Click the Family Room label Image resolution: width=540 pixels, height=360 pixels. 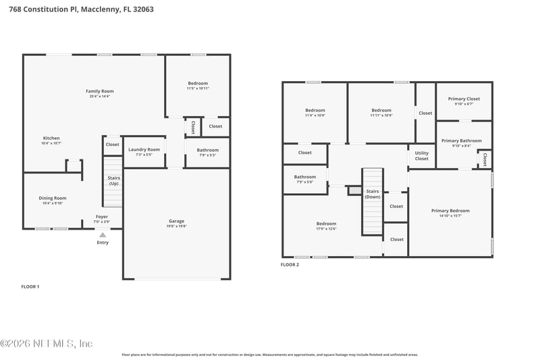[x=99, y=91]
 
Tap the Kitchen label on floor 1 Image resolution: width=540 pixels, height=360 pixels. [x=51, y=138]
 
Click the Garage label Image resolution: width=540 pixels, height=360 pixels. [x=176, y=221]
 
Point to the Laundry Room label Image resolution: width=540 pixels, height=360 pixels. [x=144, y=149]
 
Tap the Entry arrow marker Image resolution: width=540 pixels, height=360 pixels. [x=103, y=234]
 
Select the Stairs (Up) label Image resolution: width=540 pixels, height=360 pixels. [x=113, y=180]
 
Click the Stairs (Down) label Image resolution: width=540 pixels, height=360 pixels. [x=373, y=193]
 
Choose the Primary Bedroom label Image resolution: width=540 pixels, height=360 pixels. [x=450, y=211]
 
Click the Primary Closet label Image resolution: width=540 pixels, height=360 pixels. [x=464, y=99]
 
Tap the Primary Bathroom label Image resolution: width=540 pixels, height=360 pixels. [x=462, y=140]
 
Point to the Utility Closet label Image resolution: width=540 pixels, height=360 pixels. [x=421, y=156]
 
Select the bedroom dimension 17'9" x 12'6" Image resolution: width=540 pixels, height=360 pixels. [x=326, y=229]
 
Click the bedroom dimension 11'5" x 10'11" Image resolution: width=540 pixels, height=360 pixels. [x=198, y=88]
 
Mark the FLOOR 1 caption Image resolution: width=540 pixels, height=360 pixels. [x=30, y=286]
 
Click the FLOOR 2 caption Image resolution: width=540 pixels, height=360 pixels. [x=290, y=265]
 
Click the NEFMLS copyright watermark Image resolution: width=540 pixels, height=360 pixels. [x=47, y=344]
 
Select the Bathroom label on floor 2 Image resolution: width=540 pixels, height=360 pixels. [x=304, y=177]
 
